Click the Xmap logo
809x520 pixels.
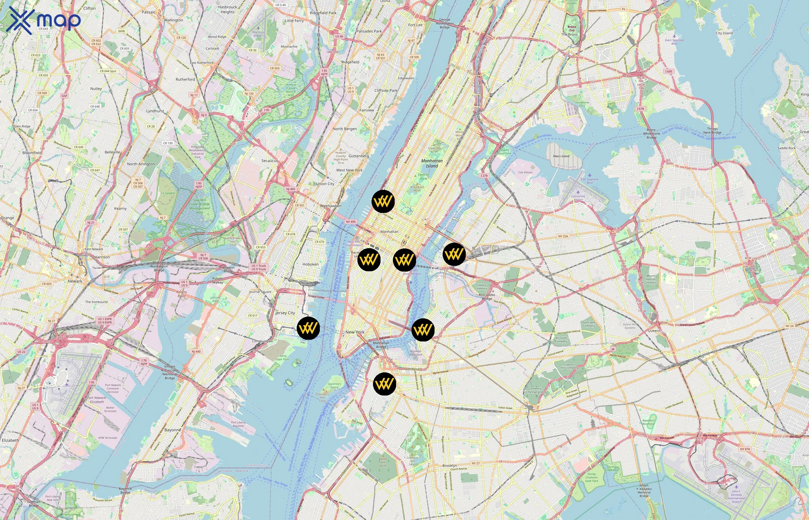43,20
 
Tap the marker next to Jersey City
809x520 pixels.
308,328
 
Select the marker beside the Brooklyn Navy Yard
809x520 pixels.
423,330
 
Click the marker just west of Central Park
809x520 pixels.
383,202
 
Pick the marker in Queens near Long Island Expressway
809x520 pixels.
454,254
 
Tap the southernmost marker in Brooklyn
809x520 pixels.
385,384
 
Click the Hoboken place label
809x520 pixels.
310,264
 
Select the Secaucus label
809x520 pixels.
270,161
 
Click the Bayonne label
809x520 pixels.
172,430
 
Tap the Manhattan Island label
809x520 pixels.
432,164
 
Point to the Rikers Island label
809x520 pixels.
561,156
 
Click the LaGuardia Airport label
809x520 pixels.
578,198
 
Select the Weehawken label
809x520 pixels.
331,206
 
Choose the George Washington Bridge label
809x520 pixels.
445,23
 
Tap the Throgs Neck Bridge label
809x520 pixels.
712,130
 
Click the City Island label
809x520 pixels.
724,33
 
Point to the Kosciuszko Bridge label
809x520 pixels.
487,296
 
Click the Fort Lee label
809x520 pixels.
415,25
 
